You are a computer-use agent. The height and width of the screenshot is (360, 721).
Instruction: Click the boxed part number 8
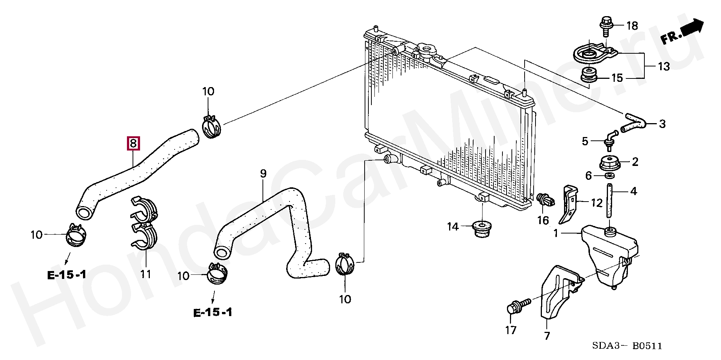[134, 144]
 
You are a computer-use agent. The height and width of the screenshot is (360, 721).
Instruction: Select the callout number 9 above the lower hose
[263, 173]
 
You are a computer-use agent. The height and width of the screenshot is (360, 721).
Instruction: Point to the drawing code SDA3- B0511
[627, 346]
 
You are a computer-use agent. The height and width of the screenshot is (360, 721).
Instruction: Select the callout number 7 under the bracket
[547, 335]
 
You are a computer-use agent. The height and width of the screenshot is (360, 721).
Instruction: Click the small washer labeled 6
[609, 176]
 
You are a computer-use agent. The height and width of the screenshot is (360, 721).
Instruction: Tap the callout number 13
[664, 66]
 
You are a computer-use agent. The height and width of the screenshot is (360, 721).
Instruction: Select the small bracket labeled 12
[568, 203]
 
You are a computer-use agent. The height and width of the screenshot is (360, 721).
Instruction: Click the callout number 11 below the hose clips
[146, 274]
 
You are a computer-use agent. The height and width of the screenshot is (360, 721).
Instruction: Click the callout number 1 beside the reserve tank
[556, 233]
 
